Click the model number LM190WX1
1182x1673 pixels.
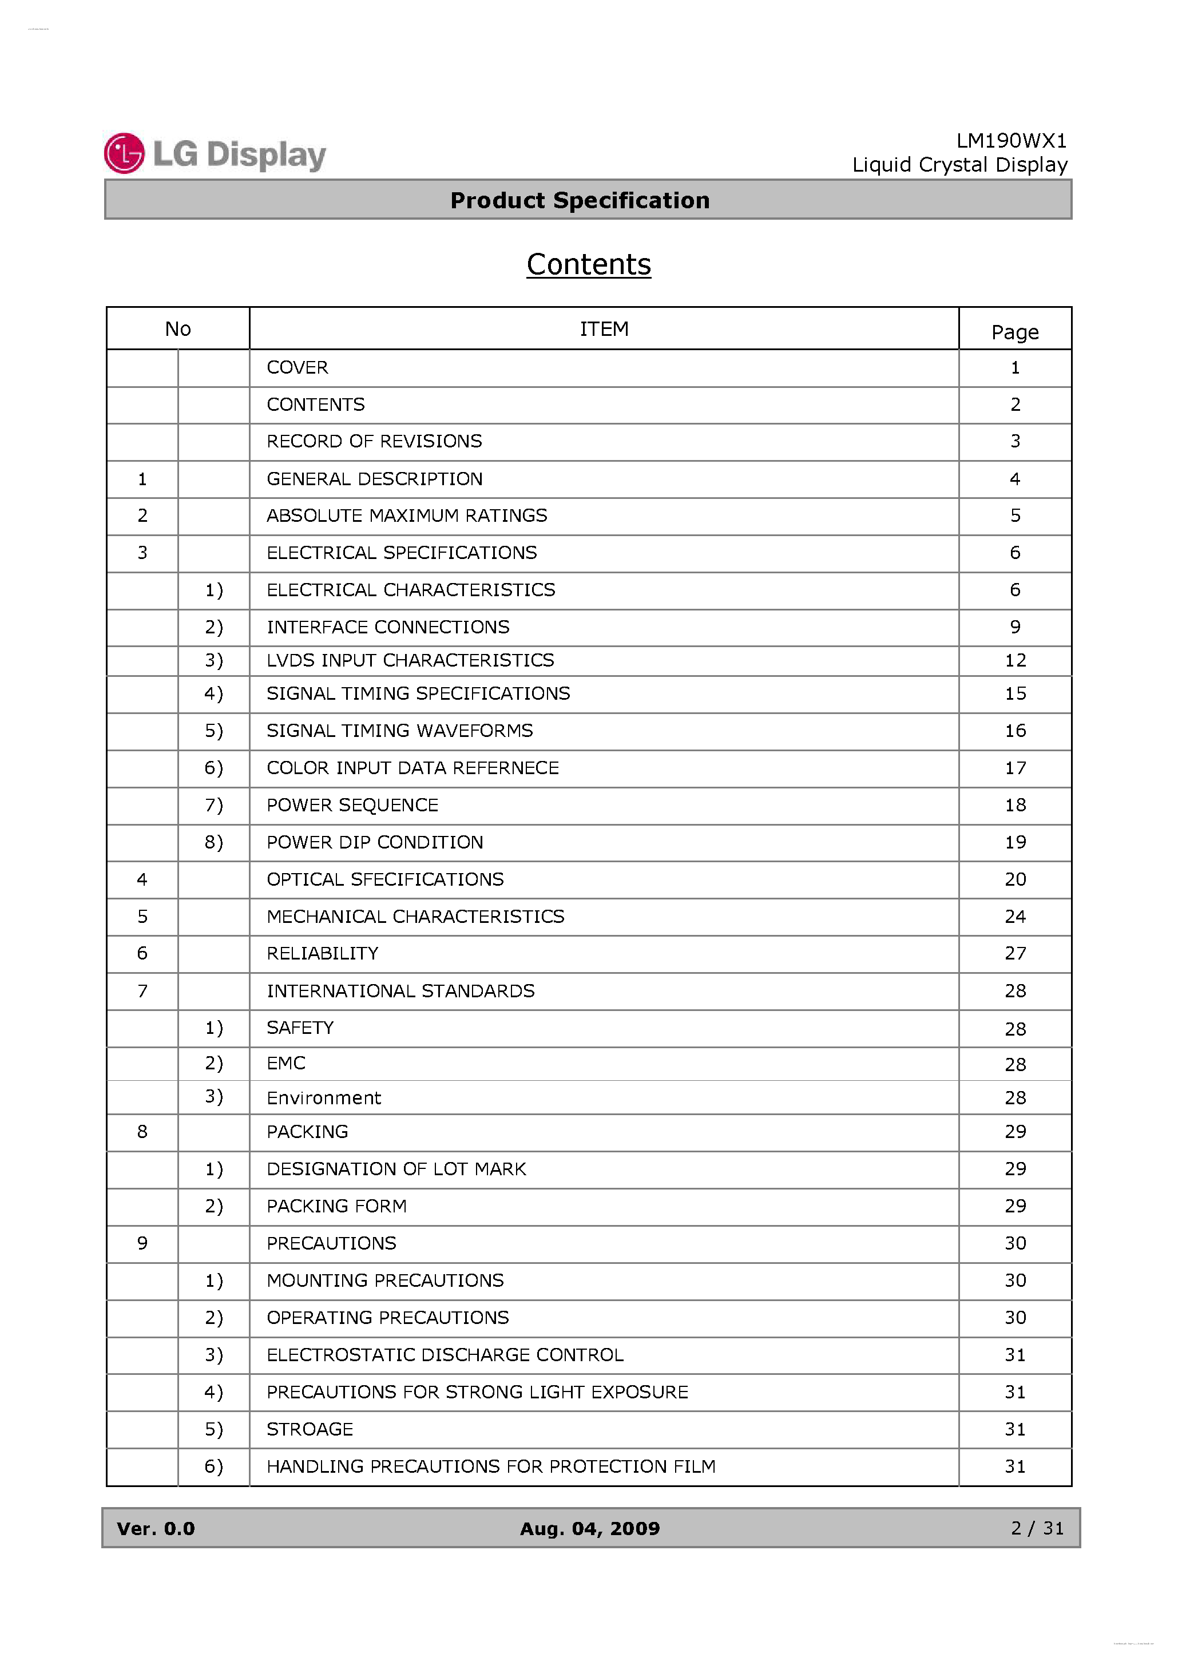point(1011,141)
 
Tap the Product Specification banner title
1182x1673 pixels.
point(580,200)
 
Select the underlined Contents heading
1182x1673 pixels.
point(589,264)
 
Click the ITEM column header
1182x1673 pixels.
point(604,330)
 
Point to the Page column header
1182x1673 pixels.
point(1014,332)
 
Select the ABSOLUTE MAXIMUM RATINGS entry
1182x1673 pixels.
point(407,516)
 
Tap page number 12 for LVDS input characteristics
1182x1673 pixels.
point(1015,660)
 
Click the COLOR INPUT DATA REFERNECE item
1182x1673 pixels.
point(412,768)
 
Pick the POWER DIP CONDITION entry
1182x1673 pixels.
point(375,842)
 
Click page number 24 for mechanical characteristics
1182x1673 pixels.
point(1015,917)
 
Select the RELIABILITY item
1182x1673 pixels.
point(322,954)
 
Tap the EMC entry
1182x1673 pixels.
point(285,1064)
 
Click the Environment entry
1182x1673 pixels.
point(324,1098)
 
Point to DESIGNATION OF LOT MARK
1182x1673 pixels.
point(396,1169)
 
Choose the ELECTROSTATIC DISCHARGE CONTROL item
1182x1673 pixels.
point(445,1355)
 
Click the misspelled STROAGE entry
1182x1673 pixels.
point(310,1430)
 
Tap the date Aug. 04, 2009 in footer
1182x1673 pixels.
point(589,1529)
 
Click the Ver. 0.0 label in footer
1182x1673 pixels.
point(156,1529)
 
